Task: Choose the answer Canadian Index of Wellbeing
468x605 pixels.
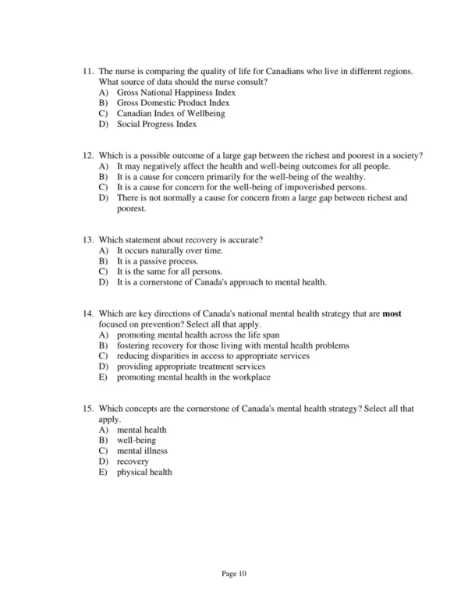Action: pyautogui.click(x=170, y=114)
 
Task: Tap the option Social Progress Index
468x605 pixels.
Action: pyautogui.click(x=156, y=124)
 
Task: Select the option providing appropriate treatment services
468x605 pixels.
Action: pyautogui.click(x=190, y=366)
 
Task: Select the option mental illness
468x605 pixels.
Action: pyautogui.click(x=141, y=451)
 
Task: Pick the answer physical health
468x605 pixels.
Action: pyautogui.click(x=144, y=472)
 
